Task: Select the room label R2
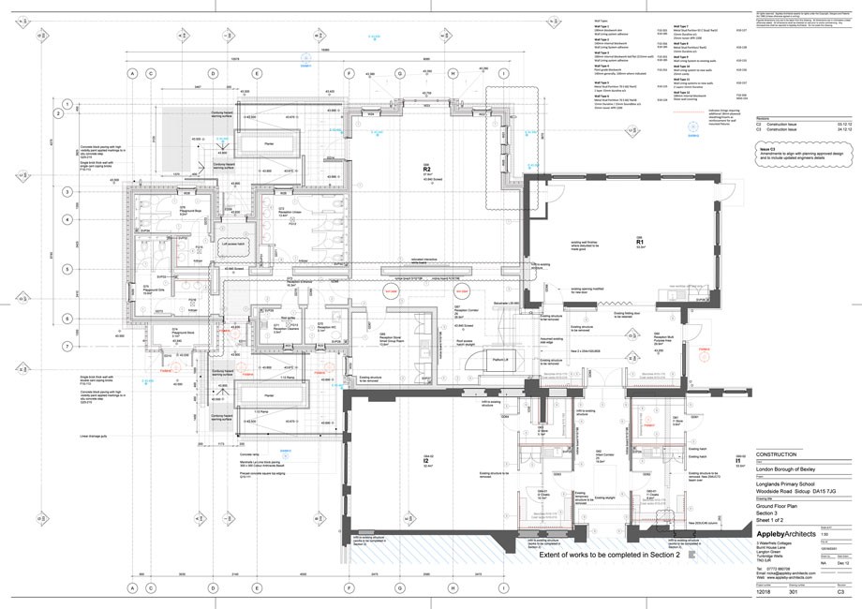(x=425, y=171)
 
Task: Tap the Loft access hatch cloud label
(x=230, y=244)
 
